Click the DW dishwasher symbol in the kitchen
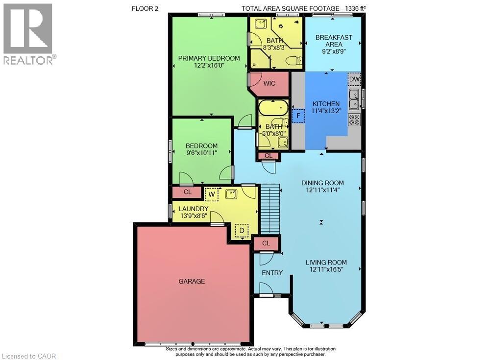tap(354, 79)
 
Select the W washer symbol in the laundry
tap(211, 194)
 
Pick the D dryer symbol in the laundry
tap(241, 231)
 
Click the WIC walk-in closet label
tap(269, 83)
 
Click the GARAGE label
tap(192, 281)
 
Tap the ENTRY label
tap(272, 272)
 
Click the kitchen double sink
tap(354, 98)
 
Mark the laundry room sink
tap(232, 194)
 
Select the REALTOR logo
tap(28, 34)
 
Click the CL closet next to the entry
tap(266, 243)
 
